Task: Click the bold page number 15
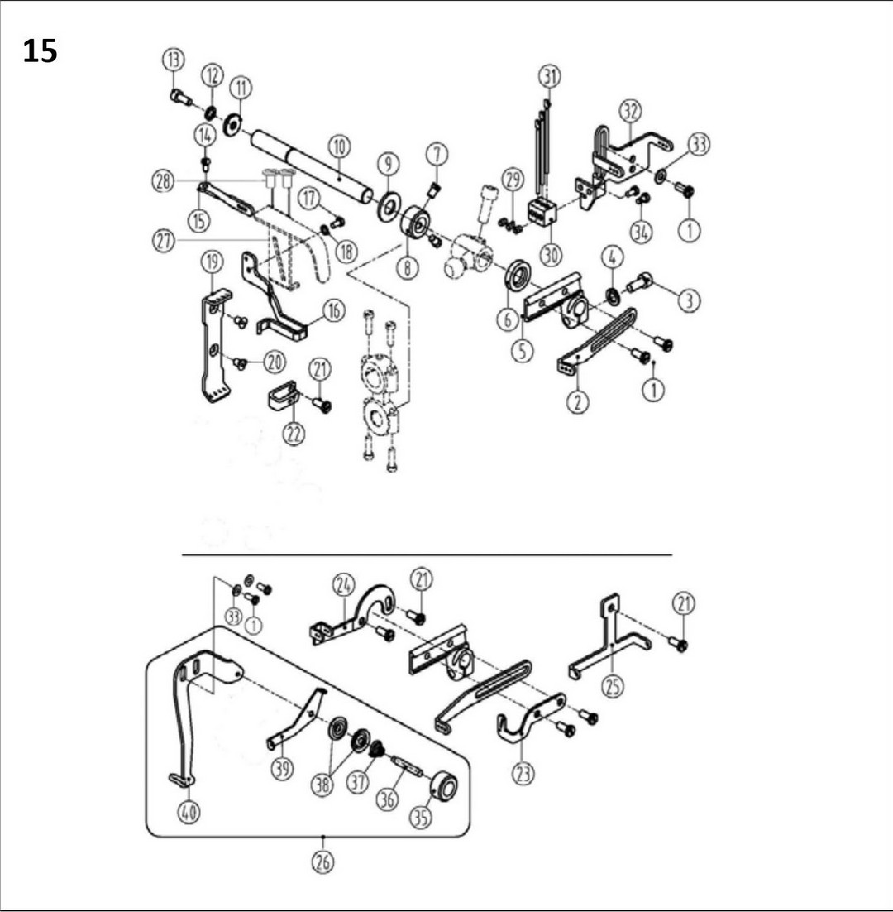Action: pyautogui.click(x=40, y=51)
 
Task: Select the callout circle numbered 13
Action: pyautogui.click(x=174, y=60)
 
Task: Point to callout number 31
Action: pyautogui.click(x=549, y=77)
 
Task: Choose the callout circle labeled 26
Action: pyautogui.click(x=322, y=862)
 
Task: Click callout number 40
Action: pyautogui.click(x=189, y=813)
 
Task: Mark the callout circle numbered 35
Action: pyautogui.click(x=422, y=817)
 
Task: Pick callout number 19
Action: pyautogui.click(x=213, y=262)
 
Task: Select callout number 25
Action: pyautogui.click(x=613, y=686)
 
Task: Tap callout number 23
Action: pyautogui.click(x=523, y=773)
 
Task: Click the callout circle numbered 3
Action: pyautogui.click(x=689, y=301)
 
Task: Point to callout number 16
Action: pyautogui.click(x=333, y=311)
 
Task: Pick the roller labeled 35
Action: pyautogui.click(x=443, y=786)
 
